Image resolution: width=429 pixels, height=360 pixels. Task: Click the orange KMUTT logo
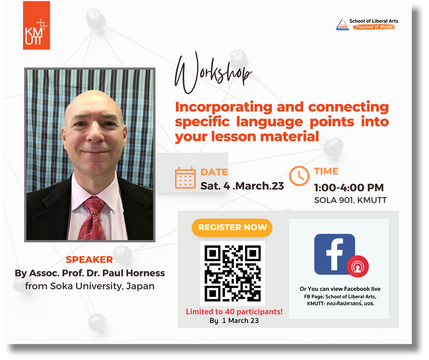click(x=36, y=25)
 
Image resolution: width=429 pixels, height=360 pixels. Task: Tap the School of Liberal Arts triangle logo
click(x=342, y=24)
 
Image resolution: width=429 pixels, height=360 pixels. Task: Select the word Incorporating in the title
click(x=223, y=107)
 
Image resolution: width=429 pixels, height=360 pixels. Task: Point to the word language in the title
click(x=269, y=122)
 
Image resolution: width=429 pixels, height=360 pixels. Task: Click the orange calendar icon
click(x=185, y=178)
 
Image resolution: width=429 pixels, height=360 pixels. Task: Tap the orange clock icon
click(x=299, y=176)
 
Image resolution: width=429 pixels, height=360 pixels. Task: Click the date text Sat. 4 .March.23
click(x=242, y=186)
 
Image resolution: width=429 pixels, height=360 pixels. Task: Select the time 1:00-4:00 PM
click(x=349, y=187)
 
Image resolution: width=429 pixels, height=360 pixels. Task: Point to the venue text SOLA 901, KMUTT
click(x=350, y=200)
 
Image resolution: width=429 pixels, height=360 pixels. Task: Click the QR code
click(x=233, y=273)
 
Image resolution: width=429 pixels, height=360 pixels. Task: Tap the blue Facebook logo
click(x=334, y=254)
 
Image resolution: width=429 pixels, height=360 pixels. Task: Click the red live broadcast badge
click(x=358, y=267)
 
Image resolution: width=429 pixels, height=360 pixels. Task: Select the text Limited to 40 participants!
click(x=234, y=311)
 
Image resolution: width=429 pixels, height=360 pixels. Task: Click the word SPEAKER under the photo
click(x=89, y=259)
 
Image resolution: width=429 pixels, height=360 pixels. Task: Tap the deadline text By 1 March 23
click(x=234, y=321)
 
